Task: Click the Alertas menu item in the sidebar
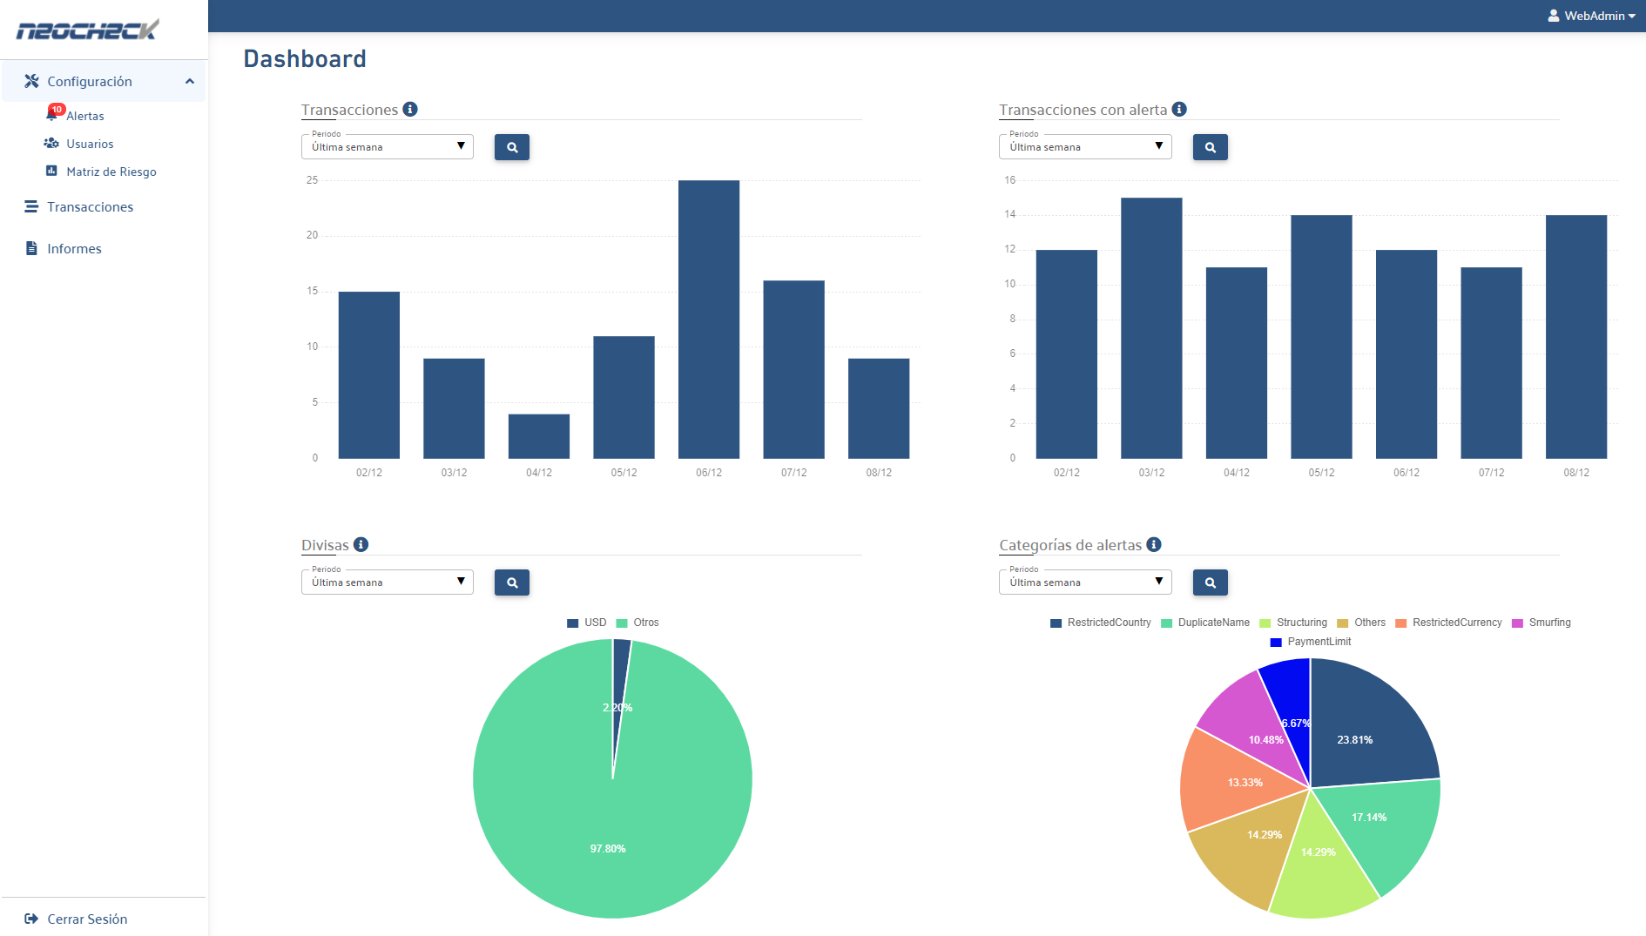(x=84, y=116)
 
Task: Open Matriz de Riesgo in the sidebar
(x=111, y=172)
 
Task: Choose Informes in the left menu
(x=74, y=249)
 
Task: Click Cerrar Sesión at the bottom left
(x=86, y=919)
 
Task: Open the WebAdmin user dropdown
(x=1592, y=16)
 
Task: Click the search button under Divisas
(x=511, y=582)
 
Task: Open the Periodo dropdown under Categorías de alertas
(x=1084, y=582)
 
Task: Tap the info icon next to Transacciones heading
(x=410, y=109)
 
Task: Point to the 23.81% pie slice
(x=1367, y=731)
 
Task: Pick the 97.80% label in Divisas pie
(x=608, y=849)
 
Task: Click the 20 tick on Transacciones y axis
(x=312, y=235)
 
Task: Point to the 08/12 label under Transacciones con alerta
(x=1575, y=473)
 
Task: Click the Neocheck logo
(x=87, y=30)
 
